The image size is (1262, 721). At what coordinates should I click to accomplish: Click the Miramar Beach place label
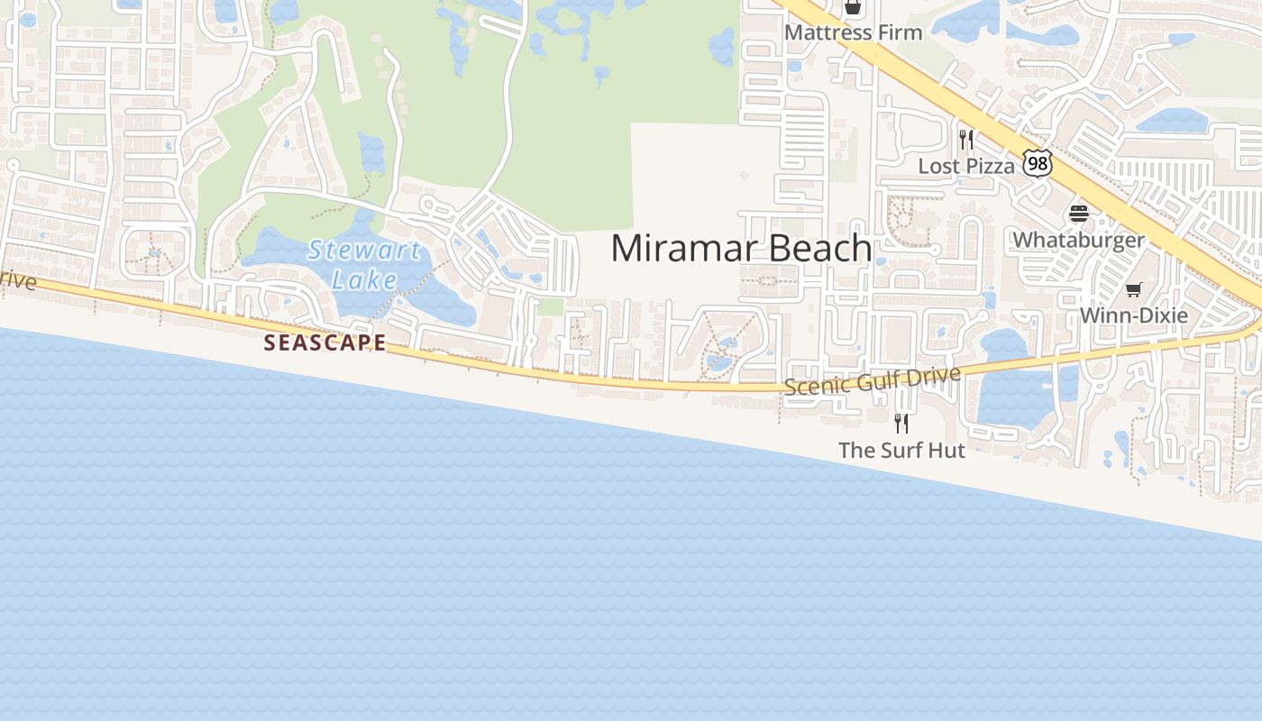(x=741, y=248)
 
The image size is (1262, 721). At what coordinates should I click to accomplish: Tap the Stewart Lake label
(x=364, y=264)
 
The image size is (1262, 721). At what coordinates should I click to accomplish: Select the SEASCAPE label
(x=325, y=342)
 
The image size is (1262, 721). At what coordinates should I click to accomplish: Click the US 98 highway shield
(x=1038, y=163)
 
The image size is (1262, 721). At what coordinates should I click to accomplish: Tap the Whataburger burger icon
(x=1078, y=214)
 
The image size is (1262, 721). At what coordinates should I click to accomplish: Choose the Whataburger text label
(x=1078, y=240)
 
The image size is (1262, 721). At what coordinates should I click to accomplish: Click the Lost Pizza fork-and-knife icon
(x=965, y=140)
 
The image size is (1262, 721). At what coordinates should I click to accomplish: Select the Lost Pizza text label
(x=965, y=166)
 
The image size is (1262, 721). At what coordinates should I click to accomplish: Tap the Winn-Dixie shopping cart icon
(x=1133, y=289)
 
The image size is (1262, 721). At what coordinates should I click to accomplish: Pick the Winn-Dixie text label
(x=1133, y=315)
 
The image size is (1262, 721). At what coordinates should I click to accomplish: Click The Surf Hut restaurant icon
(x=901, y=423)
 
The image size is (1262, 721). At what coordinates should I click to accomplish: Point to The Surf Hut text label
(x=901, y=450)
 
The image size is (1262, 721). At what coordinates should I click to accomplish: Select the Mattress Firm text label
(x=853, y=32)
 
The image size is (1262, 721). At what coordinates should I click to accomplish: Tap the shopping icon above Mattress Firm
(x=852, y=7)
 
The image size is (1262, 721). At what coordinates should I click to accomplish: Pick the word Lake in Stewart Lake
(x=364, y=279)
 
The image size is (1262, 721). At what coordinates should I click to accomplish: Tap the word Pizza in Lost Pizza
(x=991, y=166)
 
